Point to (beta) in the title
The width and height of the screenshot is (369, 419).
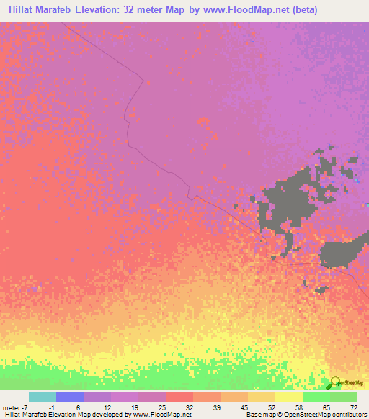point(298,10)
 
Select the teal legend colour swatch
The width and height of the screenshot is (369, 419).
point(43,397)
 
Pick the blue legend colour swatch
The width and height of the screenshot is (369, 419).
point(70,397)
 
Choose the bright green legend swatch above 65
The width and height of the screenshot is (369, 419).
point(316,397)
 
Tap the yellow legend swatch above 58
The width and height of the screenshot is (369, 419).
point(288,397)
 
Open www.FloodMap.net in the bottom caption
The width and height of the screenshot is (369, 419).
point(158,414)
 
